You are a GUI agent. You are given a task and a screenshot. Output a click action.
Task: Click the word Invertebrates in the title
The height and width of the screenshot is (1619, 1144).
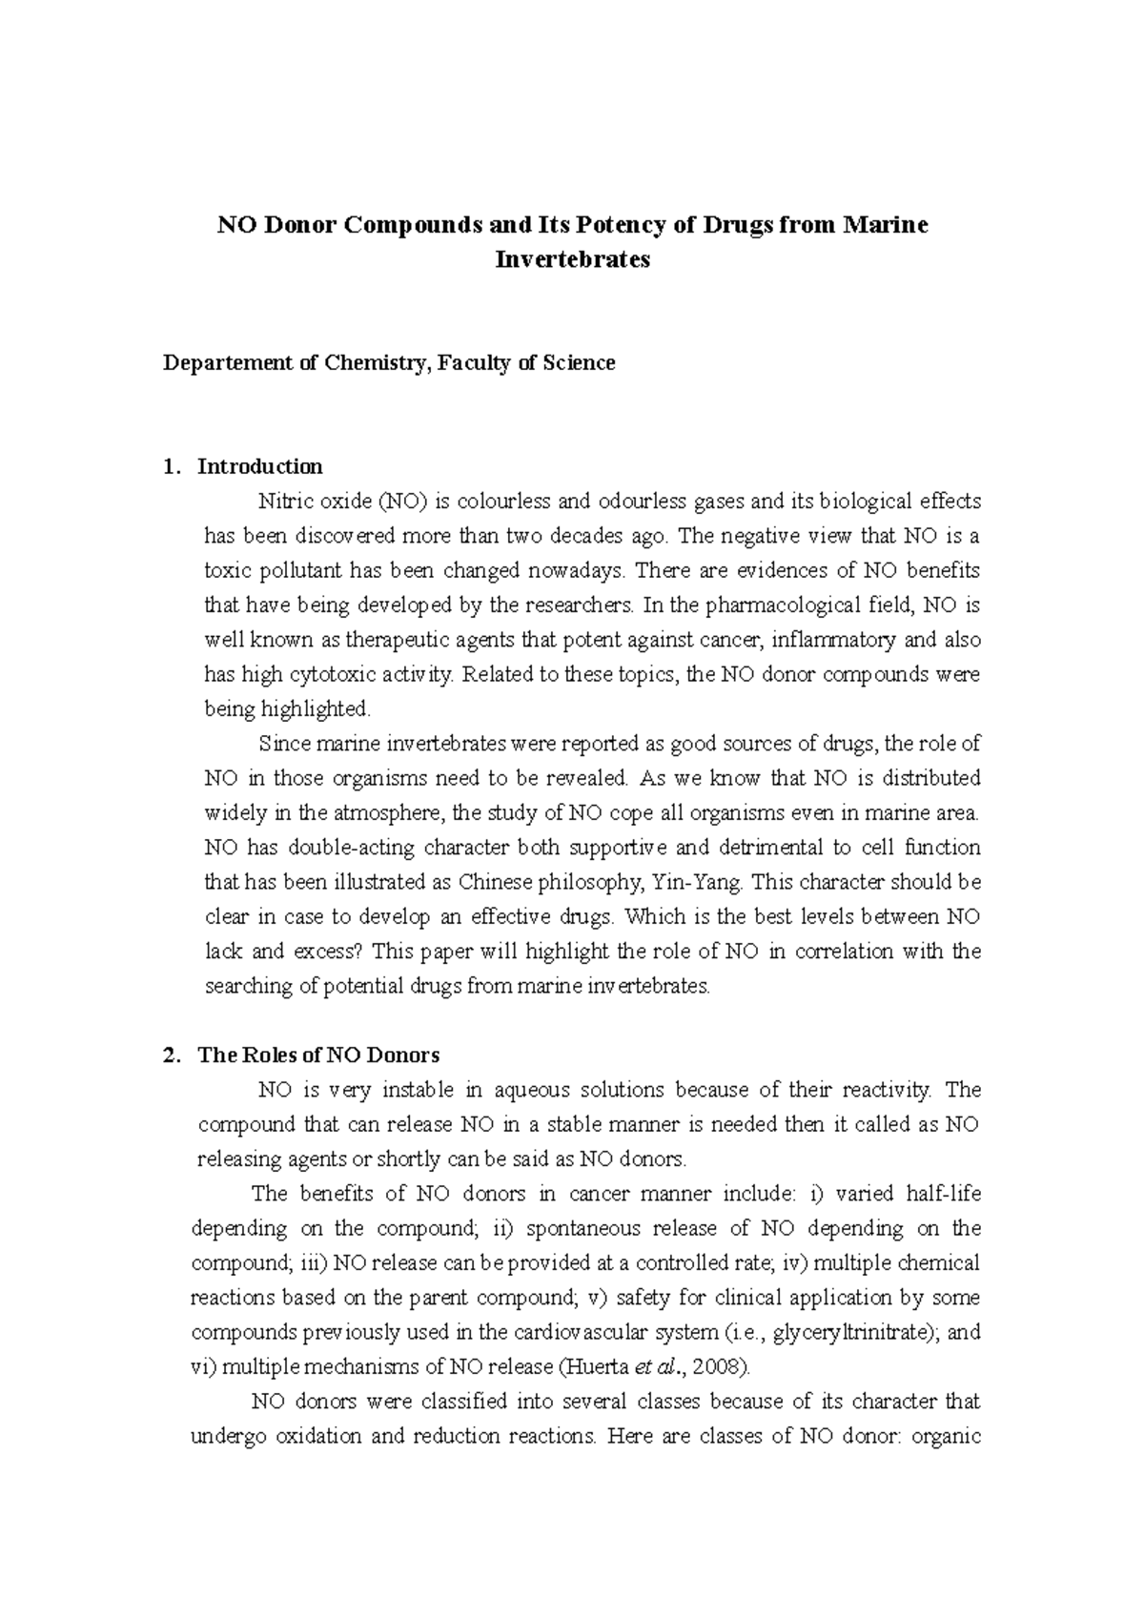[572, 259]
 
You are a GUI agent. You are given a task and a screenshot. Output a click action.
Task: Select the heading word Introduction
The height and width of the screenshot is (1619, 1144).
[259, 467]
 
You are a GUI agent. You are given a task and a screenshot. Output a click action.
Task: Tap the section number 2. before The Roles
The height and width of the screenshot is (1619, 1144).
[171, 1055]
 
